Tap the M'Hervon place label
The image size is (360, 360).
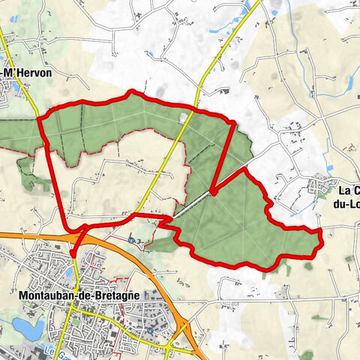22,72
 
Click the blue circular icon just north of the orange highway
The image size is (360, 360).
132,241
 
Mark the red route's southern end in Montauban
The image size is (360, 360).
74,255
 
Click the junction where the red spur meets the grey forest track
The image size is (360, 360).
212,192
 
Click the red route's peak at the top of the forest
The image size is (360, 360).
133,92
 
